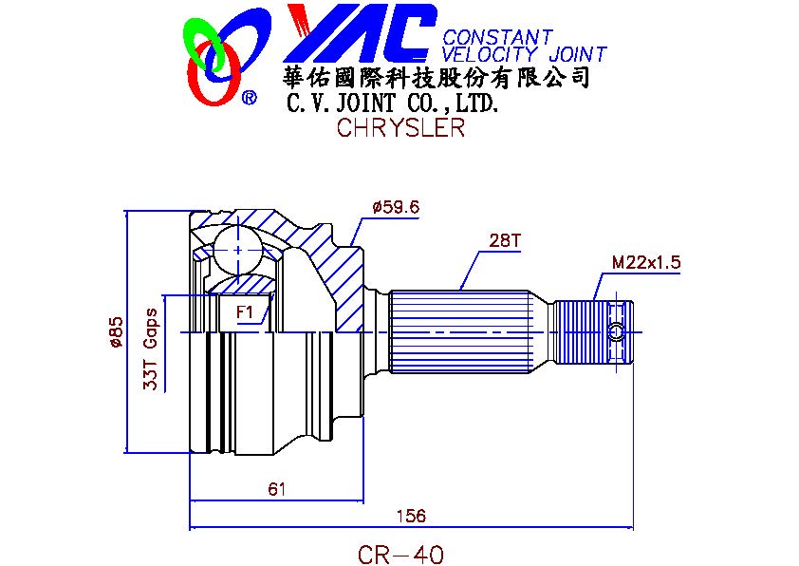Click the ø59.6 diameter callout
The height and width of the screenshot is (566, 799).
(396, 206)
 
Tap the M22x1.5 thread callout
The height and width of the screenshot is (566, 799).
(646, 262)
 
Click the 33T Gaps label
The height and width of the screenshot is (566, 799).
(149, 349)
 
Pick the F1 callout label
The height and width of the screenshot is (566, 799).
(245, 311)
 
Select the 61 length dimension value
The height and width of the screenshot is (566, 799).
(276, 489)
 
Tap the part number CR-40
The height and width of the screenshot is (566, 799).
(400, 553)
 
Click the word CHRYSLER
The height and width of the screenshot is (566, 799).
(400, 127)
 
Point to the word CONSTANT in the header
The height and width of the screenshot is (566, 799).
(496, 37)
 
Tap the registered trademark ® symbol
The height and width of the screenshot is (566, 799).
(249, 97)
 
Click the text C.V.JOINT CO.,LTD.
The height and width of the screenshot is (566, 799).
(392, 102)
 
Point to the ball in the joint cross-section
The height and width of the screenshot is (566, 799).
(234, 250)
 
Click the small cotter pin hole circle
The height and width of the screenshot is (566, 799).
(618, 330)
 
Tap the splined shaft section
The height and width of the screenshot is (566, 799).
(460, 331)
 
